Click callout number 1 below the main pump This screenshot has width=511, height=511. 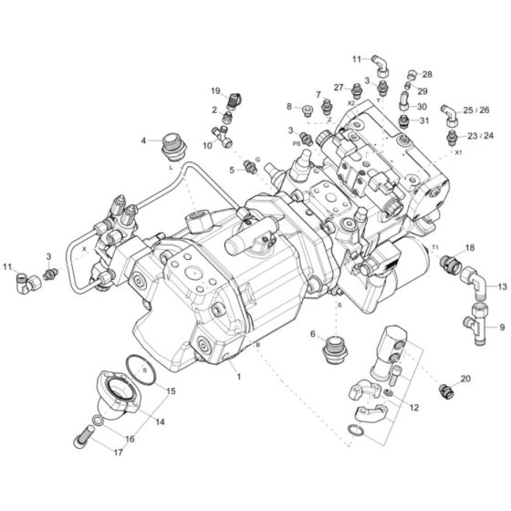tap(237, 375)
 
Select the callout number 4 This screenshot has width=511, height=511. tap(143, 141)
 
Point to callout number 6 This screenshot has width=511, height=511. tap(312, 334)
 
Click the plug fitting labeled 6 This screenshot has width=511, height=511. tap(334, 349)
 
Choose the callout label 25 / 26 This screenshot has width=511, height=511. tap(482, 109)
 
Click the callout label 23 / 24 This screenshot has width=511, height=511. tap(481, 135)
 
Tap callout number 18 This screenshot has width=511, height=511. tap(470, 247)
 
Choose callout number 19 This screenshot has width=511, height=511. tap(216, 91)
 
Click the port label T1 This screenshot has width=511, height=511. tap(435, 247)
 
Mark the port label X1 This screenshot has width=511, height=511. tap(459, 153)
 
